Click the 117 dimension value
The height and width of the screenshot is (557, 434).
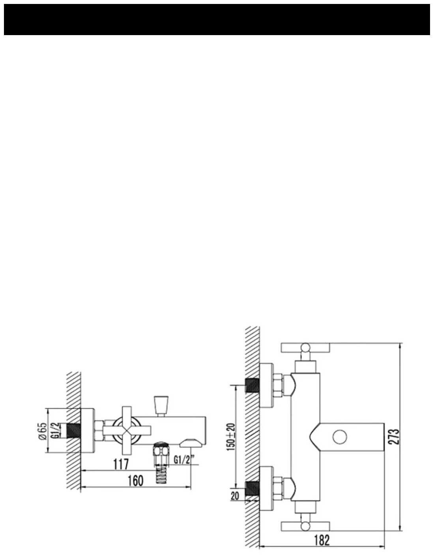coord(121,464)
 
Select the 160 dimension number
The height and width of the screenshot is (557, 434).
coord(135,481)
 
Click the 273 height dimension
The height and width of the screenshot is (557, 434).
coord(393,437)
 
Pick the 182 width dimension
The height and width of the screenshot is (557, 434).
coord(322,540)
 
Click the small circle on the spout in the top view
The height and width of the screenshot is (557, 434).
coord(340,437)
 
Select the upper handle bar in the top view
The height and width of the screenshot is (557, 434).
coord(305,348)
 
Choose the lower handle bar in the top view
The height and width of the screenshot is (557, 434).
coord(305,525)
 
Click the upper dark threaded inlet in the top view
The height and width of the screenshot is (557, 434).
coord(252,384)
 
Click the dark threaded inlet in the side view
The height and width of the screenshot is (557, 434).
coord(73,430)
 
